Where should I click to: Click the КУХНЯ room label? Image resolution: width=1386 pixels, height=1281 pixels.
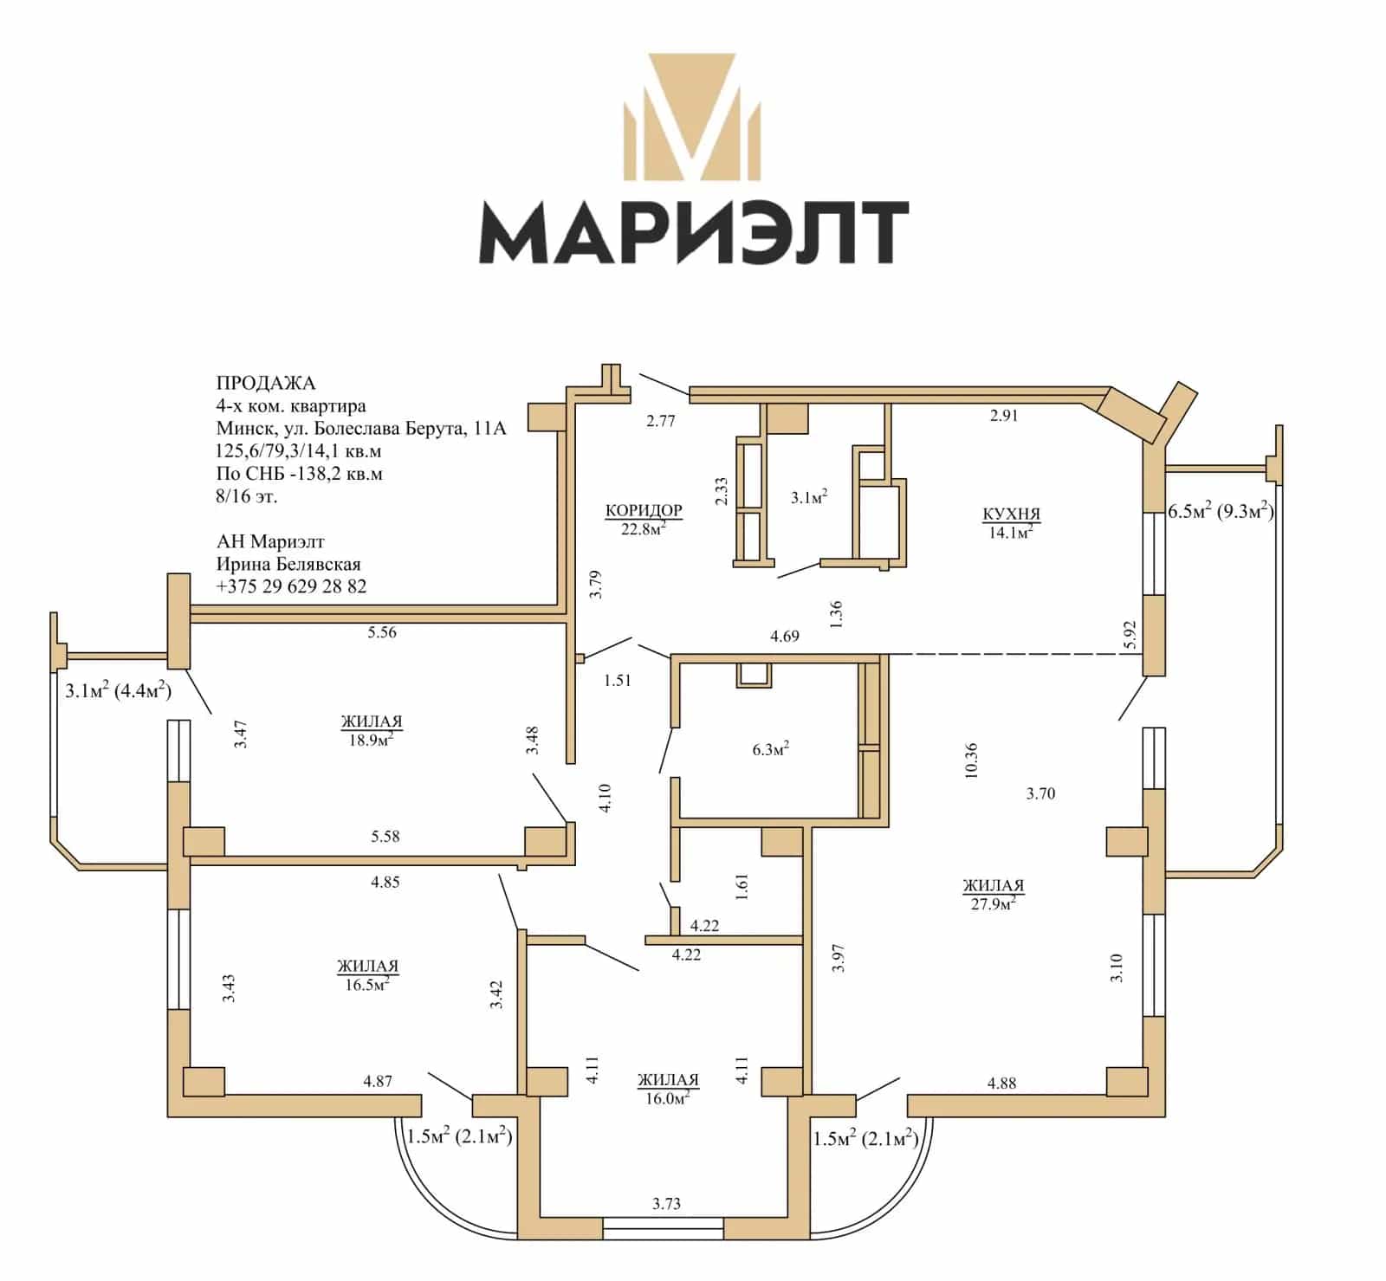1011,514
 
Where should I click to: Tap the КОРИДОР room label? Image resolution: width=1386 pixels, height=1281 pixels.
644,510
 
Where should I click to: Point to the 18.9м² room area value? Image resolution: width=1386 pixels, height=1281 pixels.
372,739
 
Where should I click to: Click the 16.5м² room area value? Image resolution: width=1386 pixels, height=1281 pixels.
367,983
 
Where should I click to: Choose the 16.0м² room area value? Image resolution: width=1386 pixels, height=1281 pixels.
667,1097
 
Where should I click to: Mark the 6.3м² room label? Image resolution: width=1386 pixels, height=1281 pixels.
770,749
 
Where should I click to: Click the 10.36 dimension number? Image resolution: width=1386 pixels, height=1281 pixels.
970,761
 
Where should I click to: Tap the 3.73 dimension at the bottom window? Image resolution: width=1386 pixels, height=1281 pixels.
666,1203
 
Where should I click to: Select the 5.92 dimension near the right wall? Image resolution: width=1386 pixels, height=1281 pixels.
1128,635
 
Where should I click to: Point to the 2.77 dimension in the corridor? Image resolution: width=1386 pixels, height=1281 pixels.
660,421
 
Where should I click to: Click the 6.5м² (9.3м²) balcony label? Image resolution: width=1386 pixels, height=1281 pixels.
1221,510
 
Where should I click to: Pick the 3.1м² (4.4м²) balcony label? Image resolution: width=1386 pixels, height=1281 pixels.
118,690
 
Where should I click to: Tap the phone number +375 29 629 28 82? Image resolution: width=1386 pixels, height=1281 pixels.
291,586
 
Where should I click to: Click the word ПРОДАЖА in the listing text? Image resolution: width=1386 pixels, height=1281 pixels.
266,383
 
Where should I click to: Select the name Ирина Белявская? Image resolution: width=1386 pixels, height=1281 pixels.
288,564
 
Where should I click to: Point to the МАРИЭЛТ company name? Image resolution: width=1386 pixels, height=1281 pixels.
694,232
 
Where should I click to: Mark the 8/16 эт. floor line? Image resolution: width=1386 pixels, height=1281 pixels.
247,496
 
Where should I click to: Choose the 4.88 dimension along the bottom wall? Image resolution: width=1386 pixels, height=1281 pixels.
1001,1083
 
